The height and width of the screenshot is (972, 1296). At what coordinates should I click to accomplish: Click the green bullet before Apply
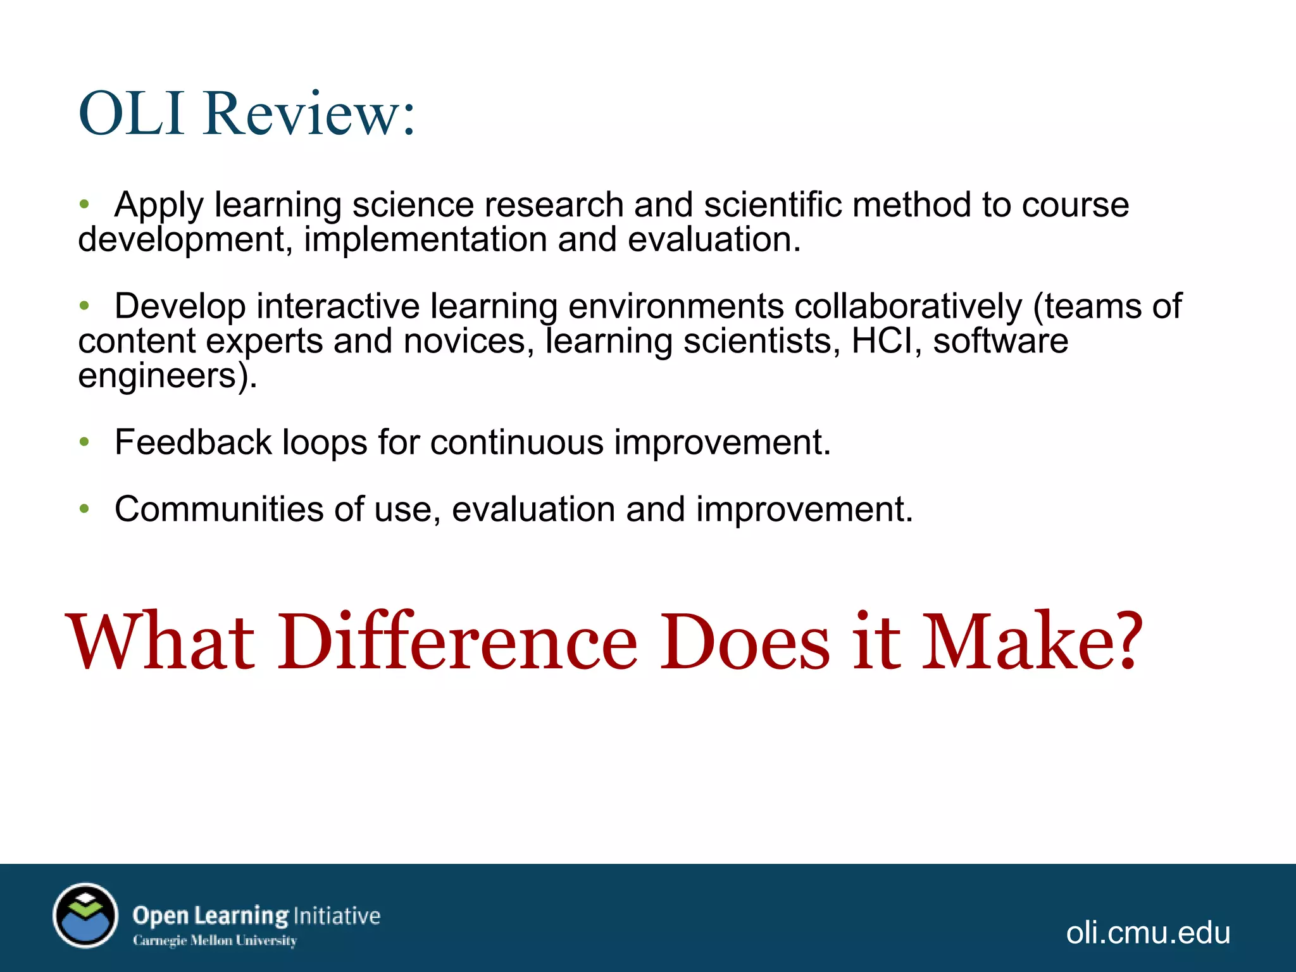(85, 204)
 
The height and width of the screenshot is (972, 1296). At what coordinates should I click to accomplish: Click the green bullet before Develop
(85, 306)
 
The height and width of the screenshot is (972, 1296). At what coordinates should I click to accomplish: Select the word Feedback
(192, 442)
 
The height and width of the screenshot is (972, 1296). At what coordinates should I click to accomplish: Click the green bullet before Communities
(85, 509)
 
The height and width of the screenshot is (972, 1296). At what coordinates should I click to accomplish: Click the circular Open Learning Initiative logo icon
(85, 916)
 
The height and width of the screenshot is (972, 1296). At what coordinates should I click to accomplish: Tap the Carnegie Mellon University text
(215, 941)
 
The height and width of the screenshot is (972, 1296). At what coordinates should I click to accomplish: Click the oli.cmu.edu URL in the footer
(1148, 933)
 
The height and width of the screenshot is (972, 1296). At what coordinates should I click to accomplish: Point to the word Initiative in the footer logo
(337, 916)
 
